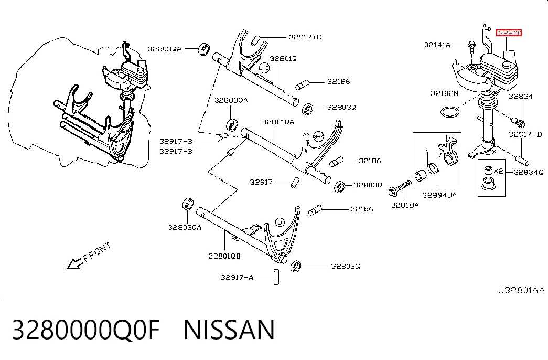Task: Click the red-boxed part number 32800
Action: click(x=509, y=33)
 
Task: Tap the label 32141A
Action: click(x=437, y=45)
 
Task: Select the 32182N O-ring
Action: click(x=450, y=112)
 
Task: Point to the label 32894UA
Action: click(x=439, y=195)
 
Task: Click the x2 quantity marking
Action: click(x=498, y=171)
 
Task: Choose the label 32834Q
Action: click(x=529, y=172)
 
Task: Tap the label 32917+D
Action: click(x=525, y=134)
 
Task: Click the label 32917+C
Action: click(x=305, y=37)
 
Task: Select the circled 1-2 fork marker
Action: click(x=265, y=68)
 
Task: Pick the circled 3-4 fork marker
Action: click(x=318, y=136)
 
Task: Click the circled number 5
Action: click(x=280, y=222)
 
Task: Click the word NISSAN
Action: click(x=229, y=330)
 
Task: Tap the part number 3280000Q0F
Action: click(x=86, y=330)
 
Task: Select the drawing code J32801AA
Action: click(x=521, y=290)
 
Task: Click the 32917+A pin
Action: click(x=276, y=277)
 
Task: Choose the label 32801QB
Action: click(x=224, y=256)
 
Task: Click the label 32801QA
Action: click(x=278, y=122)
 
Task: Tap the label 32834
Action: click(x=520, y=96)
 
